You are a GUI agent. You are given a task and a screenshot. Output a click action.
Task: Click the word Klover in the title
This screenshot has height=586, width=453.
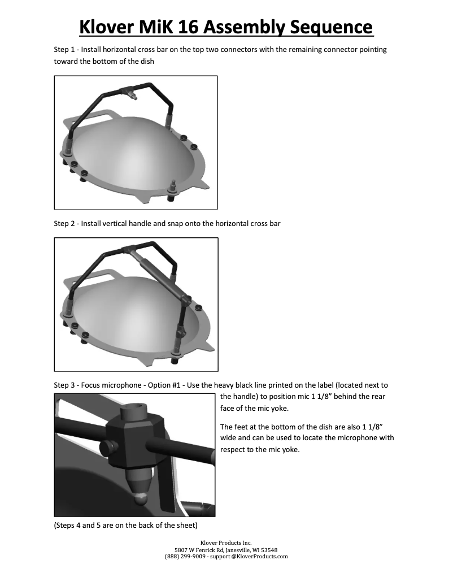point(106,27)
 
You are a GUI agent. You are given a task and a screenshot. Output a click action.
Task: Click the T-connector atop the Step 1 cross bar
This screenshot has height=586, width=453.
point(128,91)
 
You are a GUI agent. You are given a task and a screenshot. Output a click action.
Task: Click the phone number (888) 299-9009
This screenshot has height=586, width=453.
point(185,557)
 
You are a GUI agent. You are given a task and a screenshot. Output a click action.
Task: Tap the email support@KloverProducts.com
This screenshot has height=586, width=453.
point(249,557)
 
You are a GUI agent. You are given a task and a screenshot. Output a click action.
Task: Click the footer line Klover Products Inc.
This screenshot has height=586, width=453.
point(226,543)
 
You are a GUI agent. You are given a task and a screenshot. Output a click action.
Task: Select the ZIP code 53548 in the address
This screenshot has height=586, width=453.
point(269,550)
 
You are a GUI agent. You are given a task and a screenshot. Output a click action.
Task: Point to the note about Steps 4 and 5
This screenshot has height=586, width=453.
point(126,526)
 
